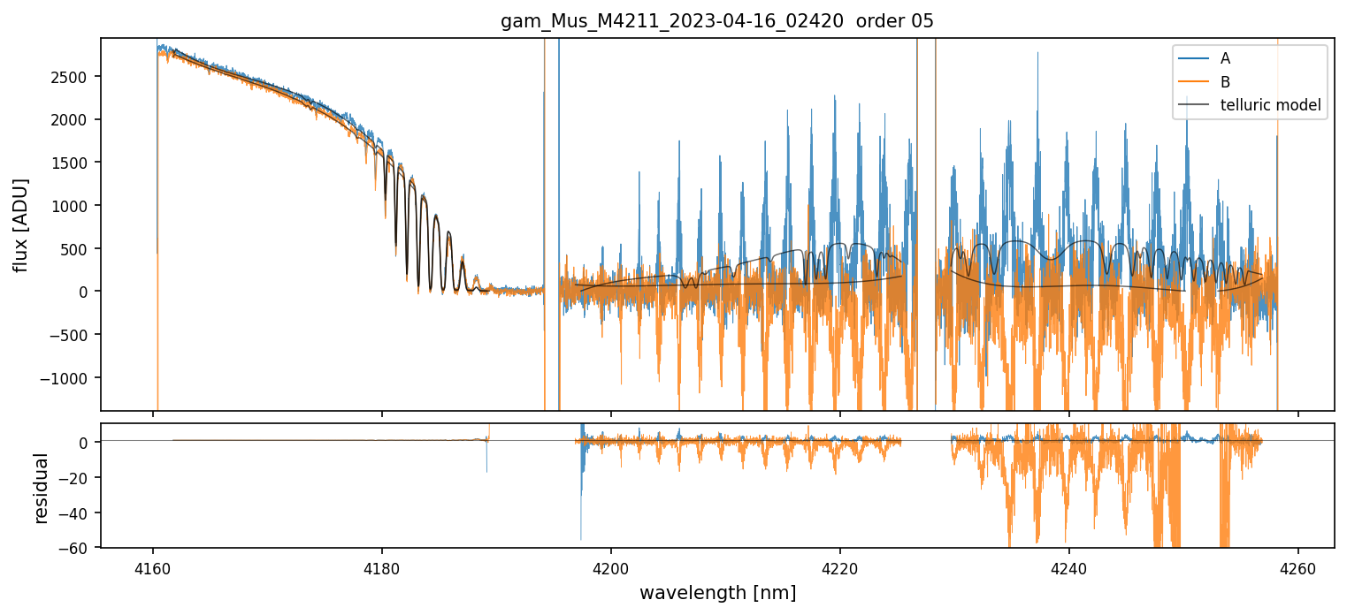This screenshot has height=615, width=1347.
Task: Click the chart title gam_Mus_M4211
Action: [717, 21]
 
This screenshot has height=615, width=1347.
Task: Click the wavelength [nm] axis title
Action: [717, 592]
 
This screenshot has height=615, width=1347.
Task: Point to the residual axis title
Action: [41, 488]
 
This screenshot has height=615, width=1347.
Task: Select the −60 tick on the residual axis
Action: [78, 548]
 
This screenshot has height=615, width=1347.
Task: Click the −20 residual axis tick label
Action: [78, 478]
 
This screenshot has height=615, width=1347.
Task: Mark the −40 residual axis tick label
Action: [78, 513]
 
